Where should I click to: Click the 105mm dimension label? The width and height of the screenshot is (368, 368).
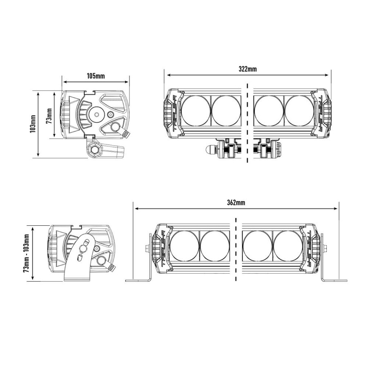pyautogui.click(x=96, y=76)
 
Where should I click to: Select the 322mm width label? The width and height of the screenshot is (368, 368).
pyautogui.click(x=248, y=69)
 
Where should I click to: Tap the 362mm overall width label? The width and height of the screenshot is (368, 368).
pyautogui.click(x=236, y=202)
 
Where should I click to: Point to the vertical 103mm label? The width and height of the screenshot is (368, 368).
pyautogui.click(x=33, y=123)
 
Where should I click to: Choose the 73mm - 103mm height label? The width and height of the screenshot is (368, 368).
pyautogui.click(x=27, y=254)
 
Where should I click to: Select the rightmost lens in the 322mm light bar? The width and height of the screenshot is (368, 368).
pyautogui.click(x=299, y=111)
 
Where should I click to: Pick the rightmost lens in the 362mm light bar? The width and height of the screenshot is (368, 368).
pyautogui.click(x=288, y=246)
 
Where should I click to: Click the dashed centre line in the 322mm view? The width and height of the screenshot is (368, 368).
pyautogui.click(x=247, y=123)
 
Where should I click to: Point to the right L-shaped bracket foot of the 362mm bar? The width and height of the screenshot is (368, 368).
pyautogui.click(x=333, y=280)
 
